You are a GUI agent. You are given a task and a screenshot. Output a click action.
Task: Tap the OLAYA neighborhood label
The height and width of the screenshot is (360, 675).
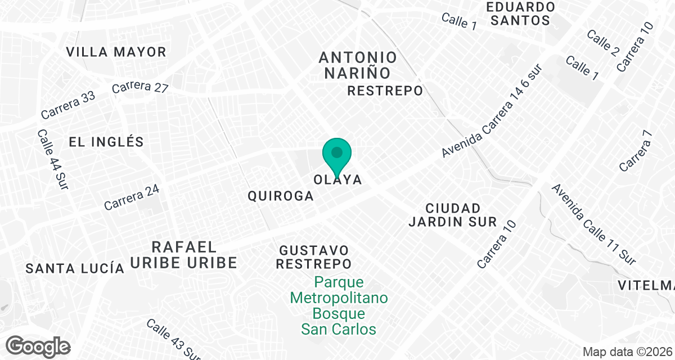coord(337,180)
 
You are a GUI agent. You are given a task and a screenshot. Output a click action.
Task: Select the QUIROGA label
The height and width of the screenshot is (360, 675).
coord(280,196)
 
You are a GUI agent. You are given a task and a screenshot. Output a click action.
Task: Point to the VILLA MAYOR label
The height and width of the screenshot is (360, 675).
coord(116,52)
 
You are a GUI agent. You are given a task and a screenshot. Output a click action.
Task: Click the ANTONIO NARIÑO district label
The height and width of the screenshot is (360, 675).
coord(358,65)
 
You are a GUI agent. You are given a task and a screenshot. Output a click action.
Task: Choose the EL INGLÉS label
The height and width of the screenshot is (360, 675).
coord(106,142)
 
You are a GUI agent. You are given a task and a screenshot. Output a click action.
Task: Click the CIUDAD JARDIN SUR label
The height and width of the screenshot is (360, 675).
coord(453,215)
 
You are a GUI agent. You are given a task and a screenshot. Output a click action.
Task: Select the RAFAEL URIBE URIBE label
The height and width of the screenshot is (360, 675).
coord(184,255)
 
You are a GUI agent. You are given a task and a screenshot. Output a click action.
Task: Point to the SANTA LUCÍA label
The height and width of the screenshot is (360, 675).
coord(75,268)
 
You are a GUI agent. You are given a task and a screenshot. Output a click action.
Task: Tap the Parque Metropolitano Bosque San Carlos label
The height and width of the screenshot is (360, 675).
coord(339,305)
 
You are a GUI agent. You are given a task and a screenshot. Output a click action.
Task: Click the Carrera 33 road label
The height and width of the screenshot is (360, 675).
coord(68,105)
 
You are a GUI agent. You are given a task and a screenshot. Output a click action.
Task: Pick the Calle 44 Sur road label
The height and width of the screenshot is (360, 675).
coord(53,159)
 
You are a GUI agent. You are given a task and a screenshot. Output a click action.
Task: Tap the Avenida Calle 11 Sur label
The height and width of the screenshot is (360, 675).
coord(593,224)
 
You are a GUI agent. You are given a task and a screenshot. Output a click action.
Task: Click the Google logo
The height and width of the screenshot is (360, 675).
coord(38,346)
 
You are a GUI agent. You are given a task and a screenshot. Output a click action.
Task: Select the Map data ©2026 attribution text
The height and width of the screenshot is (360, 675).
coord(627,352)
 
